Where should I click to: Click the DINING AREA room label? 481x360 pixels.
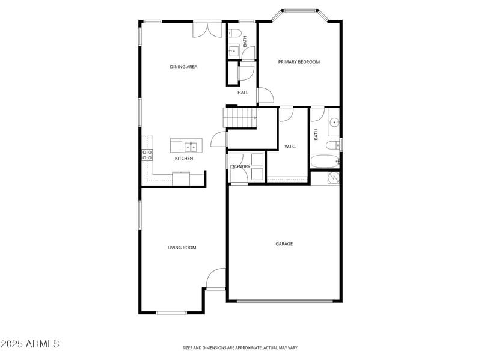183,67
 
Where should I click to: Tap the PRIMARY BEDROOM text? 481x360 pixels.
298,62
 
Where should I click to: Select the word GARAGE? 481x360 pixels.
284,244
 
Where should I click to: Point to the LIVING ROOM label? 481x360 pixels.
182,248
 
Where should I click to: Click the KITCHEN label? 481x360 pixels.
184,159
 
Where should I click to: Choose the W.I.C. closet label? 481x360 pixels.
290,147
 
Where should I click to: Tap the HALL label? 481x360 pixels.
243,93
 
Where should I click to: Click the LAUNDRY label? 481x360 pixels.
240,166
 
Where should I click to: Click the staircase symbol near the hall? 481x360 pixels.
240,118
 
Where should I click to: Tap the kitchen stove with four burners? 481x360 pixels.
147,155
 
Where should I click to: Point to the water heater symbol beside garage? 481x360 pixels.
332,177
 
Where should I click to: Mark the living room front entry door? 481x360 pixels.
216,279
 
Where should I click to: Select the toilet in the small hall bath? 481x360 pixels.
235,32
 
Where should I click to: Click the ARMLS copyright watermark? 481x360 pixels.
30,344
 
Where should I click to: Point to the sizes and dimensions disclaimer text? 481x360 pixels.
240,347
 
